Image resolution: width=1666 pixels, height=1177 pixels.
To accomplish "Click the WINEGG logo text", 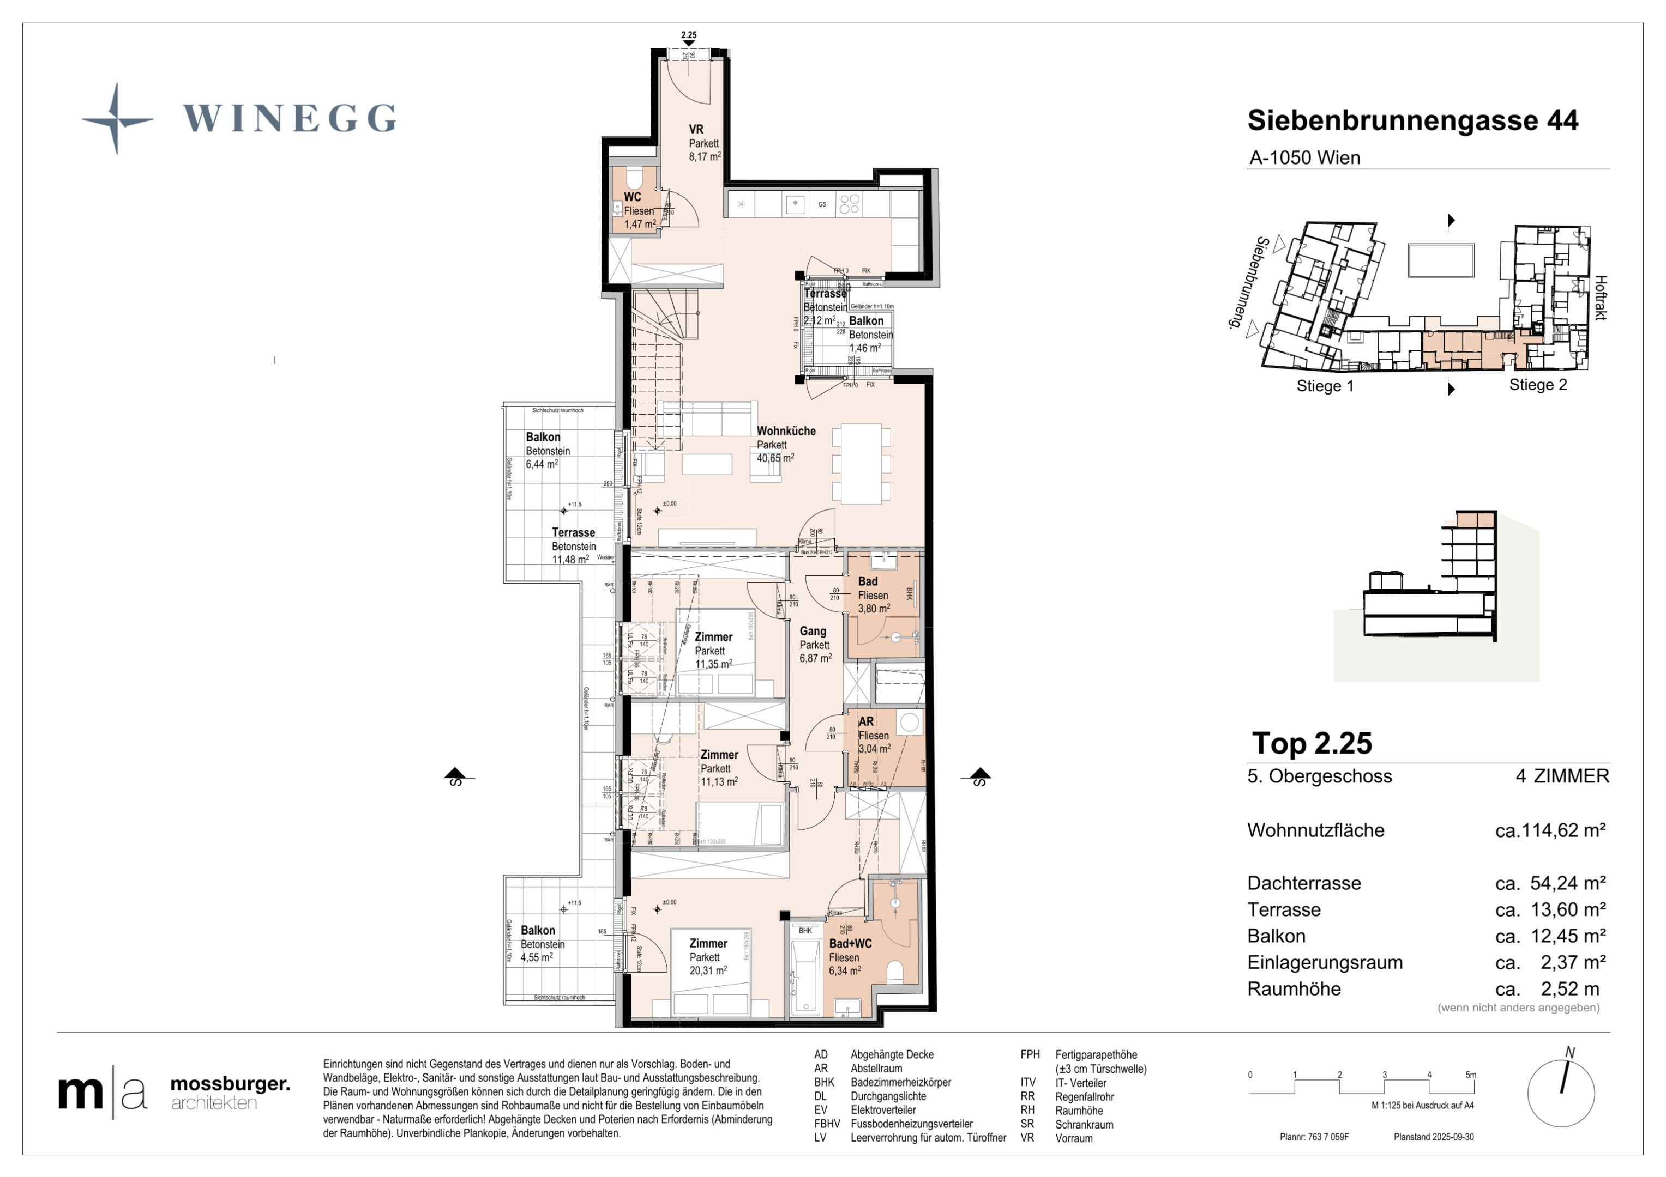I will [x=289, y=118].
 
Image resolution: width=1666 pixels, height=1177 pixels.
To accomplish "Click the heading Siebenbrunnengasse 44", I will [x=1412, y=120].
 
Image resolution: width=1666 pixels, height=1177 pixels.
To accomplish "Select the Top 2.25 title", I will [x=1312, y=743].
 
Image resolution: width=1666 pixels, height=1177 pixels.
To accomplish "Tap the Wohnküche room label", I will [x=786, y=432].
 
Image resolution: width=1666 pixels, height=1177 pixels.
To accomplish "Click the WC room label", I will [x=632, y=197].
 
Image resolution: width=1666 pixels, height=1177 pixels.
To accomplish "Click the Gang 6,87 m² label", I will [x=815, y=645].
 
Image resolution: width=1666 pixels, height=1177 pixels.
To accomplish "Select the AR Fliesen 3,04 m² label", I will [x=874, y=736].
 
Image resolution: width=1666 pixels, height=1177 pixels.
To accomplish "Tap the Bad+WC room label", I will [x=850, y=943].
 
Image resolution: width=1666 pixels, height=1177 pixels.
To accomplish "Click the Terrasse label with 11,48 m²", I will [x=573, y=546].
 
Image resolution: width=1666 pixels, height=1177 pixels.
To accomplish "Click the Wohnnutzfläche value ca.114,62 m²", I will [x=1550, y=830].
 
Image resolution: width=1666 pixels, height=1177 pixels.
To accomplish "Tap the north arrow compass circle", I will [x=1561, y=1094].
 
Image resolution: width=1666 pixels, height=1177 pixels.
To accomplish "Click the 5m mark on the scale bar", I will [x=1470, y=1075].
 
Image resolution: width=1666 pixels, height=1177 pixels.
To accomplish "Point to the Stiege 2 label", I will [x=1537, y=385].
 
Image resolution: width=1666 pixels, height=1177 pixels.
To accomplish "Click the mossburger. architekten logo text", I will [x=229, y=1093].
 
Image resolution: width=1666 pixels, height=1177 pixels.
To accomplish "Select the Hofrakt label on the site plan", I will [x=1601, y=298].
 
